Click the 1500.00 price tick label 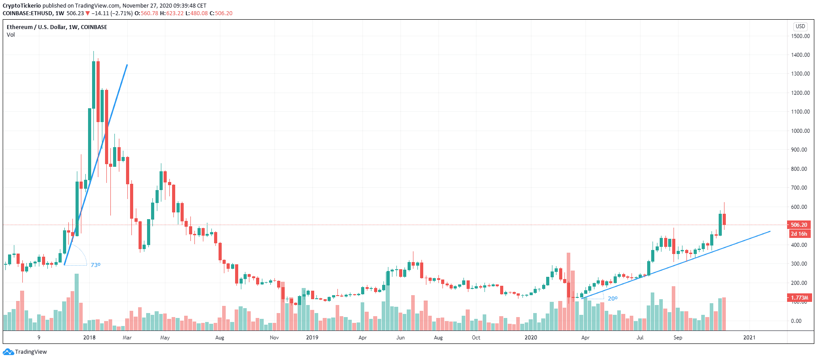pyautogui.click(x=800, y=36)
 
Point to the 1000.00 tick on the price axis pyautogui.click(x=800, y=131)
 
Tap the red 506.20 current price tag pyautogui.click(x=799, y=225)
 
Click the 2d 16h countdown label pyautogui.click(x=799, y=234)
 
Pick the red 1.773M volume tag pyautogui.click(x=799, y=298)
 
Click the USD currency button pyautogui.click(x=800, y=26)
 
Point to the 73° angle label pyautogui.click(x=96, y=265)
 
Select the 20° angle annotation pyautogui.click(x=612, y=299)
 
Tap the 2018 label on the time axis pyautogui.click(x=89, y=338)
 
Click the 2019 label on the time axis pyautogui.click(x=312, y=338)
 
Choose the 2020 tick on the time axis pyautogui.click(x=531, y=338)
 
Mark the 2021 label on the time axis pyautogui.click(x=749, y=338)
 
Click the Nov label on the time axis pyautogui.click(x=274, y=338)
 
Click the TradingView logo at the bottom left pyautogui.click(x=25, y=352)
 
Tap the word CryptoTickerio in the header pyautogui.click(x=21, y=6)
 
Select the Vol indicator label pyautogui.click(x=11, y=35)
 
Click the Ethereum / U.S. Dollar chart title pyautogui.click(x=57, y=27)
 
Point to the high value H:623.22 pyautogui.click(x=172, y=13)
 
